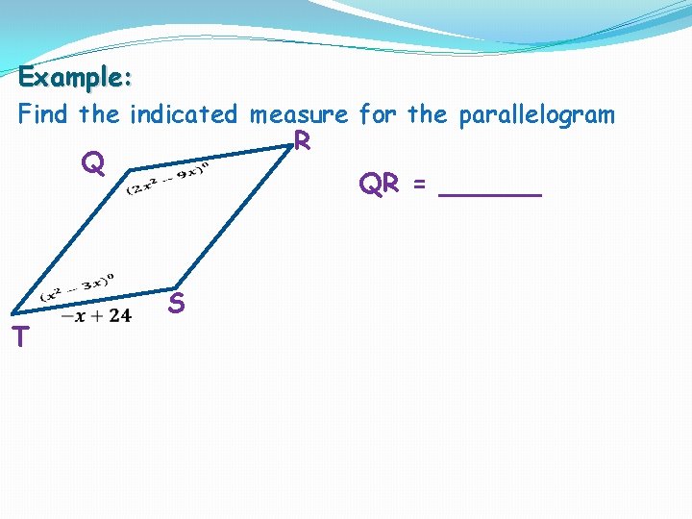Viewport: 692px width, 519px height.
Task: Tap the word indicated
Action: click(183, 115)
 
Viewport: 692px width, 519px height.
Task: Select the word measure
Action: click(299, 115)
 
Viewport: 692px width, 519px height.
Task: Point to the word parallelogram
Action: click(536, 115)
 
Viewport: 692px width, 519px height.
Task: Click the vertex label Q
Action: click(92, 164)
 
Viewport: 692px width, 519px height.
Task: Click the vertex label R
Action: click(302, 141)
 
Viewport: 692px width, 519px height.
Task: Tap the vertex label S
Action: click(176, 305)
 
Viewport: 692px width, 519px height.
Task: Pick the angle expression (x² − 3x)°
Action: click(77, 287)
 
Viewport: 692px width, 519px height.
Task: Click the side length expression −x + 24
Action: click(96, 315)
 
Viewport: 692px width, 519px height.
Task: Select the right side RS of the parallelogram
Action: click(231, 220)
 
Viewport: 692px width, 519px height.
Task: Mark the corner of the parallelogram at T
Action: click(12, 312)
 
